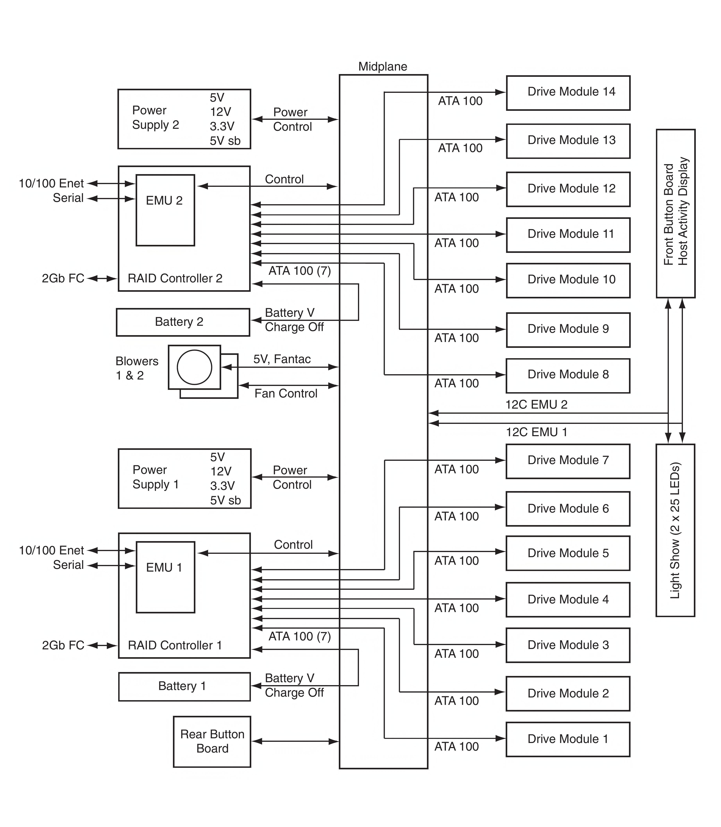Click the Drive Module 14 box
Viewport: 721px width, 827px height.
(568, 93)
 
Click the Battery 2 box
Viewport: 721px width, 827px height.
(183, 322)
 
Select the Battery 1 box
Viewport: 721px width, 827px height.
(184, 686)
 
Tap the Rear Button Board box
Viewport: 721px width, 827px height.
(212, 741)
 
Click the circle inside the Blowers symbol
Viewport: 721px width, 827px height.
(194, 367)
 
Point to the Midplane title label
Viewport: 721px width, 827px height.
(383, 66)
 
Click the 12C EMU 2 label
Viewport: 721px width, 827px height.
(536, 405)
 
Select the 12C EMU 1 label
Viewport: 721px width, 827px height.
(536, 432)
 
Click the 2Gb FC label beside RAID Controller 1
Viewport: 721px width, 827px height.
(63, 645)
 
